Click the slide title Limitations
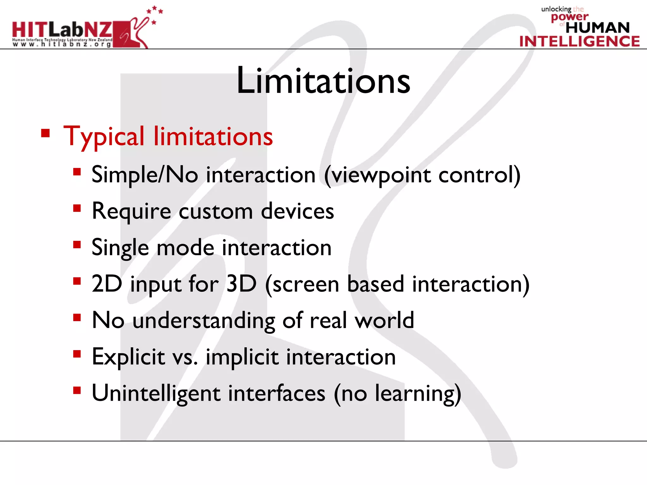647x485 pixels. tap(323, 81)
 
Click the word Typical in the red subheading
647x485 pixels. tap(104, 137)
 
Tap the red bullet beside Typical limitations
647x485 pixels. tap(45, 133)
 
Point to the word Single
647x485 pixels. tap(120, 248)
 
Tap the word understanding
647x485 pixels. tap(204, 321)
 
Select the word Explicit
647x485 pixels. tap(128, 357)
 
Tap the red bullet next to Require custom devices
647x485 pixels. tap(77, 208)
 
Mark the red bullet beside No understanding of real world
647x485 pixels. tap(77, 317)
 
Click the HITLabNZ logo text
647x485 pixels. tap(62, 30)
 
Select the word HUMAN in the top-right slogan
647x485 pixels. tap(597, 28)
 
